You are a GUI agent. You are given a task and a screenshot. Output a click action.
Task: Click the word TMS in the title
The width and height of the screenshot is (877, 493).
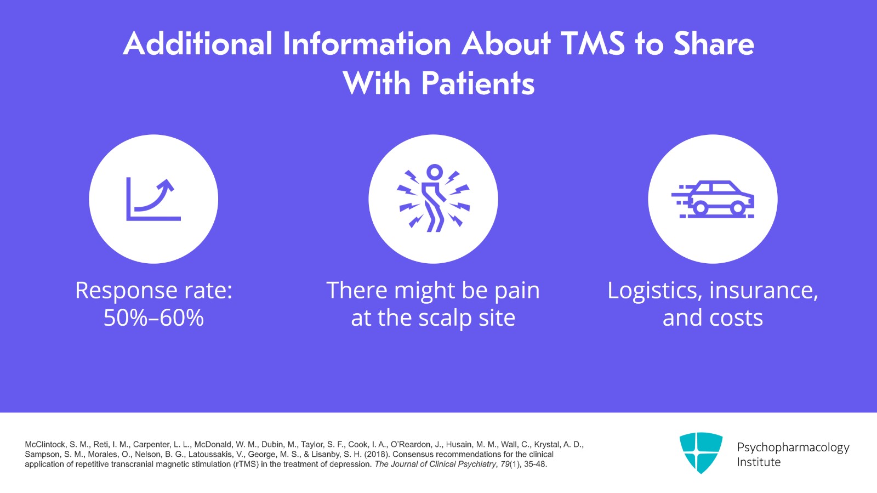(593, 44)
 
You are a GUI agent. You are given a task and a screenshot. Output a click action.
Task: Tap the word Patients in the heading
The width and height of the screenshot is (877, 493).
(478, 84)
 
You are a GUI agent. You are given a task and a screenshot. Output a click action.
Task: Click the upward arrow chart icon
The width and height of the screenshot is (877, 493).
(153, 199)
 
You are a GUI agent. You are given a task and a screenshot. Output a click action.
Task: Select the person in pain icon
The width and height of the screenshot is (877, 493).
(433, 199)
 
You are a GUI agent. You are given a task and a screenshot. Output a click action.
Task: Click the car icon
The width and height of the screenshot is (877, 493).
(713, 199)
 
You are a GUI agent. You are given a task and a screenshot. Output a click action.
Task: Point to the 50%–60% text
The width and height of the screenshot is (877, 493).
(153, 318)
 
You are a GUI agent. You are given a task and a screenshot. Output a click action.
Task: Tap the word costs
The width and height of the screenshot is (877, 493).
(736, 318)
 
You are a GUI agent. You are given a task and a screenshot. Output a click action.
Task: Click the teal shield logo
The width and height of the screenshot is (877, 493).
(701, 452)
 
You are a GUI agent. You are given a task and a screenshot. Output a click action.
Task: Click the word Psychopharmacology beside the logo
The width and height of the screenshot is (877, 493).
(793, 447)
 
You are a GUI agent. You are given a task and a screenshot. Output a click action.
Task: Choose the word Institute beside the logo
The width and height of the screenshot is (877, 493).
(759, 462)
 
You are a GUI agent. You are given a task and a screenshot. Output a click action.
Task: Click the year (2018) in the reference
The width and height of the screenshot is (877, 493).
(378, 455)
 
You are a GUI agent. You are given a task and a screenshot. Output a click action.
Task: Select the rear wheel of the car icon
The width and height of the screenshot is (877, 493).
(700, 208)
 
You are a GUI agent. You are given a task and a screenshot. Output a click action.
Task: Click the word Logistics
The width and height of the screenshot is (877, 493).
(654, 291)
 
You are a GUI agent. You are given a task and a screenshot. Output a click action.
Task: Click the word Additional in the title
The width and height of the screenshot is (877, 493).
(197, 44)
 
